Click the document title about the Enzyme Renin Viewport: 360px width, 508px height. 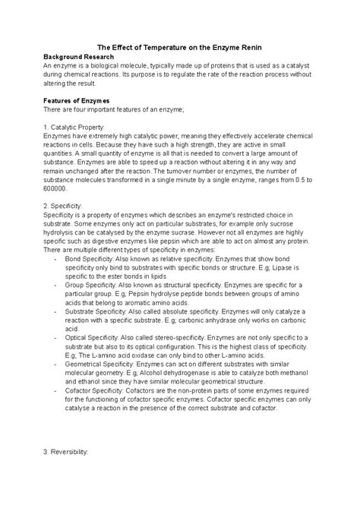[180, 47]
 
